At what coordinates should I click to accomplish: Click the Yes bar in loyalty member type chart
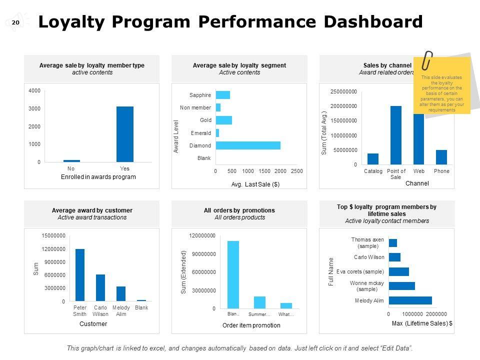(125, 134)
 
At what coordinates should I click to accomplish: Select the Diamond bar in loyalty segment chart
(248, 145)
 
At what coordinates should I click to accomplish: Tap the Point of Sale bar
(396, 135)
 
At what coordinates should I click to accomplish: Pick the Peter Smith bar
(80, 274)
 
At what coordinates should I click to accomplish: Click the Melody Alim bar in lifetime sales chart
(410, 300)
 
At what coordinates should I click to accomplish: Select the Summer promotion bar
(259, 302)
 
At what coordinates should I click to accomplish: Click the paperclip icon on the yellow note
(428, 60)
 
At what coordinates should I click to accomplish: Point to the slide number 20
(15, 22)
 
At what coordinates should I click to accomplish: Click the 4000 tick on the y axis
(34, 90)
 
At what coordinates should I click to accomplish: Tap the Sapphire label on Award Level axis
(200, 95)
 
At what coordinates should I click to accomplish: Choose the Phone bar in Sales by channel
(441, 157)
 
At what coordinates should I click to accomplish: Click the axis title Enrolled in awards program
(98, 177)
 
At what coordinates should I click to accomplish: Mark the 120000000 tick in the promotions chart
(202, 235)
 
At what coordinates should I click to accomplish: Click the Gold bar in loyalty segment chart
(223, 120)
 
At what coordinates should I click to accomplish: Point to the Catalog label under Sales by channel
(373, 171)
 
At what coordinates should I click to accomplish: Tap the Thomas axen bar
(392, 243)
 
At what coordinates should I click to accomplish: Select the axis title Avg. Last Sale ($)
(255, 184)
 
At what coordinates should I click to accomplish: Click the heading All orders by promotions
(239, 210)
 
